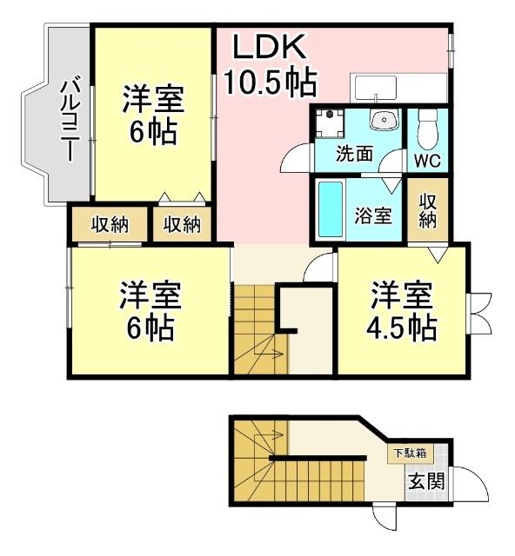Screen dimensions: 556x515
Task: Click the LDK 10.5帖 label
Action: pyautogui.click(x=270, y=65)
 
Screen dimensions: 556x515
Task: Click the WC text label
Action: pyautogui.click(x=426, y=161)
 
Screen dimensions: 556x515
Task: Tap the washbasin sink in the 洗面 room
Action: pyautogui.click(x=382, y=120)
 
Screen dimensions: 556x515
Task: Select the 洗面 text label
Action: pyautogui.click(x=355, y=155)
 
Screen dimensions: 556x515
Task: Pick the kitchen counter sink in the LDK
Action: pyautogui.click(x=375, y=88)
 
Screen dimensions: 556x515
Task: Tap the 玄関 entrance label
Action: pyautogui.click(x=425, y=480)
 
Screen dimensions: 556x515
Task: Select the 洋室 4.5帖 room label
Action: pyautogui.click(x=401, y=311)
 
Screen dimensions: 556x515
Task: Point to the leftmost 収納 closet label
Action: pyautogui.click(x=110, y=224)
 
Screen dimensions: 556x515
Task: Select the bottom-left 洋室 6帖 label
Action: pyautogui.click(x=150, y=311)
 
